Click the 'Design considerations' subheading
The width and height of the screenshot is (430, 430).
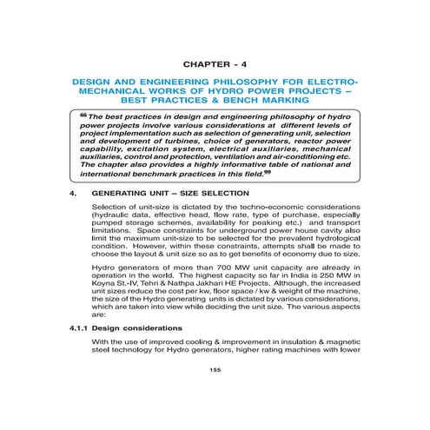coord(137,354)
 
